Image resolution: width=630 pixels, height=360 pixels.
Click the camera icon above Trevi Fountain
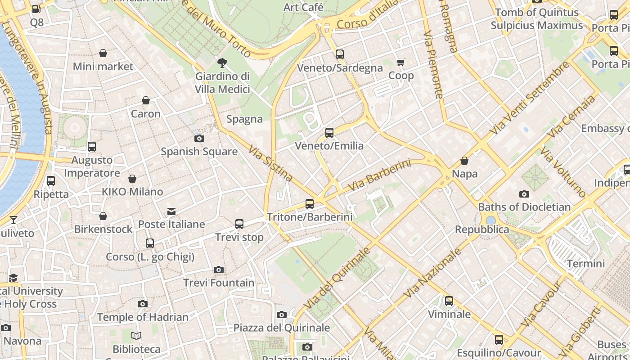[x=219, y=270]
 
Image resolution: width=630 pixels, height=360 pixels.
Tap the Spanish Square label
[x=199, y=152]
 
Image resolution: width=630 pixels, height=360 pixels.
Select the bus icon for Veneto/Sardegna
[x=340, y=54]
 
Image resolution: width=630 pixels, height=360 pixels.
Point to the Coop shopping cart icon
[x=400, y=62]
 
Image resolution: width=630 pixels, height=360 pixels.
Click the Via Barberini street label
[x=380, y=175]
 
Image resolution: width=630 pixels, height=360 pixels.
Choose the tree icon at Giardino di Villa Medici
[x=222, y=63]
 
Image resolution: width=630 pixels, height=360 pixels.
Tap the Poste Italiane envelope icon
[x=171, y=211]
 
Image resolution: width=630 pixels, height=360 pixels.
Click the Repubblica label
[x=482, y=229]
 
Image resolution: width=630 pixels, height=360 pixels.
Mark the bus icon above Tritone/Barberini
[x=310, y=203]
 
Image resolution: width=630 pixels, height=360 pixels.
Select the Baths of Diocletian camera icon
[x=524, y=194]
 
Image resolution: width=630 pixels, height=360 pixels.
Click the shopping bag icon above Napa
[x=464, y=161]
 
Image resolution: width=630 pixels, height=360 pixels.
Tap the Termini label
[x=586, y=263]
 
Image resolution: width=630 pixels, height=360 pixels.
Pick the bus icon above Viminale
[x=449, y=301]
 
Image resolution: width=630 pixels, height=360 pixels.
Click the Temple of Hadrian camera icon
[x=143, y=304]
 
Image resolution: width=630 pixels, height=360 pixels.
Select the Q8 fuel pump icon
[x=36, y=9]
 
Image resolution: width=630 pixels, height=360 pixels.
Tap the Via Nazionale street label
[x=432, y=273]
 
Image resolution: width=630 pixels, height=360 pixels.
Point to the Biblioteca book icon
[x=136, y=336]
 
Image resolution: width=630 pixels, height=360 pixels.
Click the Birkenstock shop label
[x=103, y=229]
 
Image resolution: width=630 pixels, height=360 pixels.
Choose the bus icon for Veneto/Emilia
[x=329, y=132]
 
